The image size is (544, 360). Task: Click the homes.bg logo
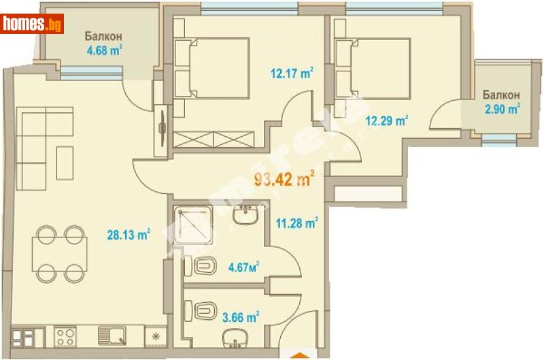click(x=33, y=24)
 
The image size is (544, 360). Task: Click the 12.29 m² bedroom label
click(x=387, y=122)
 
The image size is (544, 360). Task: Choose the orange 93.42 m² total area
click(x=284, y=180)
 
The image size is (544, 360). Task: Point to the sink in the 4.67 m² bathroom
click(x=245, y=216)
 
